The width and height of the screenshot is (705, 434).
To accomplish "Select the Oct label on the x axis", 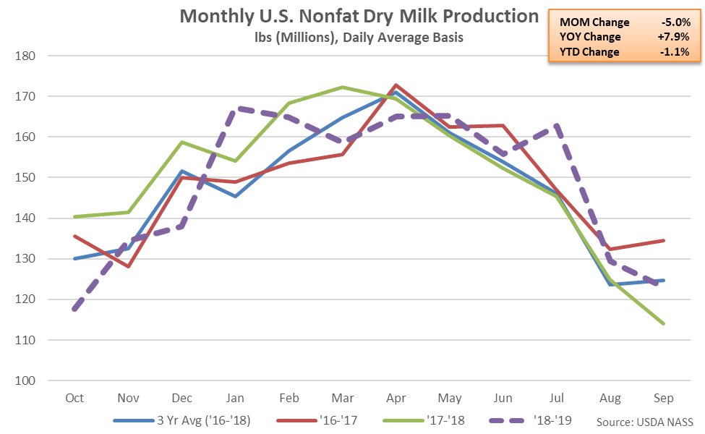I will click(74, 398).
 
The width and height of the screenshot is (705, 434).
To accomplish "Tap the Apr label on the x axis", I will click(396, 398).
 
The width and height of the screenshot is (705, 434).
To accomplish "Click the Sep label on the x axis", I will click(663, 398).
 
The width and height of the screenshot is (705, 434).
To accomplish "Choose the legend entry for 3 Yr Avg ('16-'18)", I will click(182, 420).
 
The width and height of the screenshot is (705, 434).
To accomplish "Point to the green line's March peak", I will click(342, 87).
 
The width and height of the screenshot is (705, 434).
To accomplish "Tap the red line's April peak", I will click(396, 85).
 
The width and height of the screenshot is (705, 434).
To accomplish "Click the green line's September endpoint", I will click(663, 323).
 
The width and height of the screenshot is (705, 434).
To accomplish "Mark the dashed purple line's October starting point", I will click(74, 309).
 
